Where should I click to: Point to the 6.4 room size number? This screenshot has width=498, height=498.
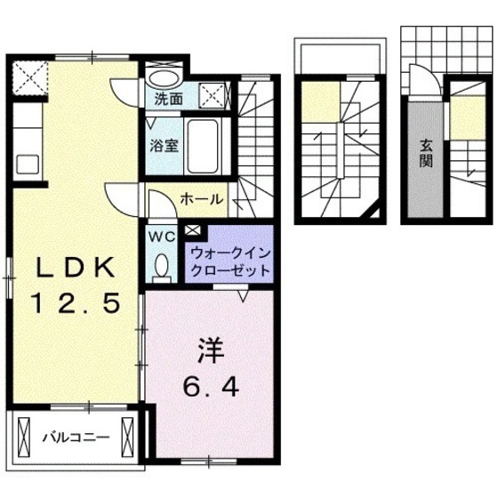(210, 388)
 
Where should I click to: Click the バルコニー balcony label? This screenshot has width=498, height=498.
(76, 437)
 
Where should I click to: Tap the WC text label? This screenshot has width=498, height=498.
(161, 237)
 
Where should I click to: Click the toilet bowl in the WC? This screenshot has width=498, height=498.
(162, 264)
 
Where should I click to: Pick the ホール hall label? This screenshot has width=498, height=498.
(201, 199)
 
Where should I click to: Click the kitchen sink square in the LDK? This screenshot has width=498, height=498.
(24, 165)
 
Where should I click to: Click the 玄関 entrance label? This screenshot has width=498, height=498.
(427, 155)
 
